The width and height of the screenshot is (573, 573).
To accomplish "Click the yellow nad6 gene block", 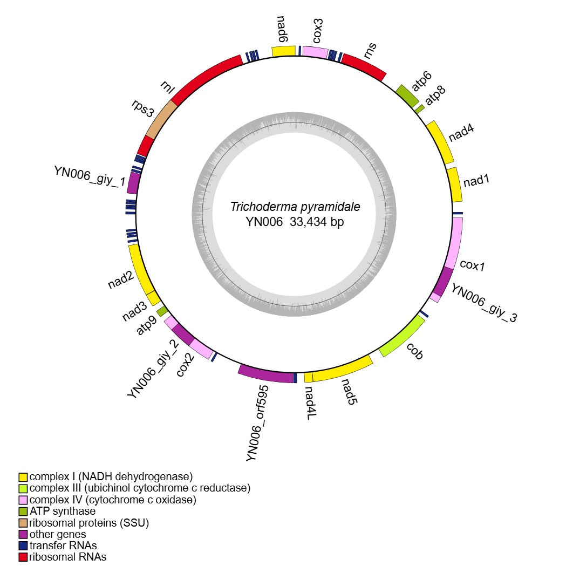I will (283, 51).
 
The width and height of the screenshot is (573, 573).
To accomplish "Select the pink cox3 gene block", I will (315, 52).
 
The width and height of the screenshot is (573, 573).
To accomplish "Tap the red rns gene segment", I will (364, 66).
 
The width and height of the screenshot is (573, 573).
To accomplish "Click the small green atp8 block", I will (420, 108).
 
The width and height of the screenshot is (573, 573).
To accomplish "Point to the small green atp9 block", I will (162, 311).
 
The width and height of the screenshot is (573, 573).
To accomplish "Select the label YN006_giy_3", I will (484, 304).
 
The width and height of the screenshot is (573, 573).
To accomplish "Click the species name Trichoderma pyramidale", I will (295, 207).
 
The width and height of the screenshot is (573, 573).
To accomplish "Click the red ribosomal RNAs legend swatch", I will (23, 557).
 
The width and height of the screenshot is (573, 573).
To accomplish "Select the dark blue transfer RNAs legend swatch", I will (23, 545).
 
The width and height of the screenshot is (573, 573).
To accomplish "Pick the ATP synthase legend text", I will (63, 511).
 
